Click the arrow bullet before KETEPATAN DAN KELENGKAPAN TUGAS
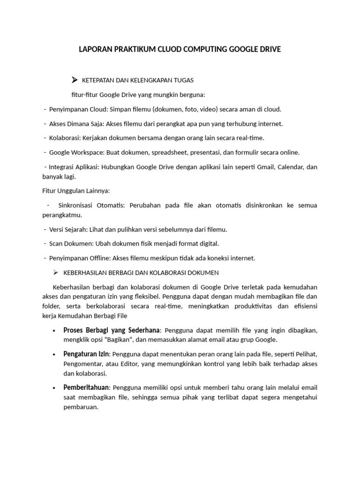pos(74,80)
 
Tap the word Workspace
pos(87,152)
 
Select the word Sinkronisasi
pos(78,205)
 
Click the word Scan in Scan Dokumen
pos(56,244)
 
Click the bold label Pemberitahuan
pos(86,388)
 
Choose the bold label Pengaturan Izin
pos(86,353)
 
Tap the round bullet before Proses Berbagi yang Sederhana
pos(56,330)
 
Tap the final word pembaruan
pos(81,407)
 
